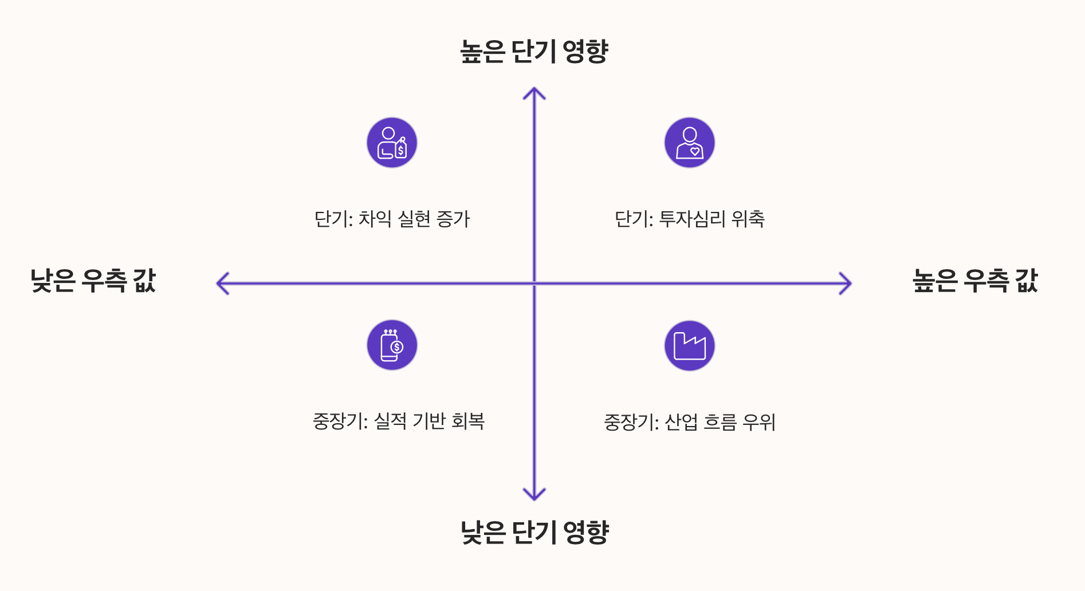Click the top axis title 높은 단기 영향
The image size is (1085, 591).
click(x=534, y=52)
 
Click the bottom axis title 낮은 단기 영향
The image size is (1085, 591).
click(x=534, y=533)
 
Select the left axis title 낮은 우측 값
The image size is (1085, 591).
click(x=93, y=281)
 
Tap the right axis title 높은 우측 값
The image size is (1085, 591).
click(x=975, y=281)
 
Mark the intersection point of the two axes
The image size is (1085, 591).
click(x=534, y=283)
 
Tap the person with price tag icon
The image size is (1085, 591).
click(x=392, y=143)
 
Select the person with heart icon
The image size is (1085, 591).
click(x=690, y=143)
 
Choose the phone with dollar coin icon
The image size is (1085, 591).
click(x=392, y=345)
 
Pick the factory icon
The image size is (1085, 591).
click(x=690, y=345)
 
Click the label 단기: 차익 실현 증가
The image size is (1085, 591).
click(x=392, y=219)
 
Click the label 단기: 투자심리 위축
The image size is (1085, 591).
click(x=690, y=219)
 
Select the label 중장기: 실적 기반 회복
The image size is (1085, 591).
click(x=399, y=421)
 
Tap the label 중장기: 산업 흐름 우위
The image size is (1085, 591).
click(x=690, y=423)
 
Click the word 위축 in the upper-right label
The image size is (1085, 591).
click(x=748, y=219)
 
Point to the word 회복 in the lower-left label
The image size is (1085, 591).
click(x=468, y=421)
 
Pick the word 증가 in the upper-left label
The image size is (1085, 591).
click(x=453, y=219)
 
